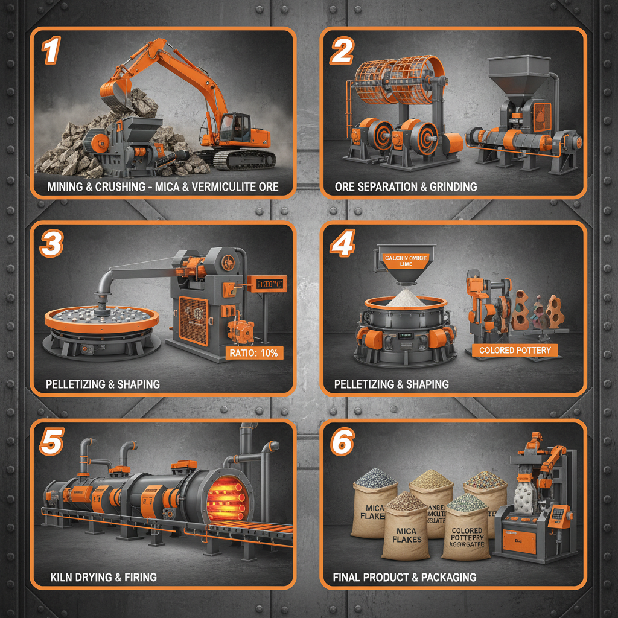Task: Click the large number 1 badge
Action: coord(51,51)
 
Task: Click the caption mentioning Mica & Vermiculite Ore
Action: coord(163,186)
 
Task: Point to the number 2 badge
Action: coord(341,51)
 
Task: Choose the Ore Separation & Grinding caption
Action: coord(406,186)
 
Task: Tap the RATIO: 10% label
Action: coord(252,353)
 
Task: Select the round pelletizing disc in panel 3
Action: coord(99,317)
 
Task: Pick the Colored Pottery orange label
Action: coord(514,350)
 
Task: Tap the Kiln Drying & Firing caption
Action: coord(103,577)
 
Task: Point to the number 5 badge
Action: coord(51,443)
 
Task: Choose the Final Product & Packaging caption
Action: coord(404,577)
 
